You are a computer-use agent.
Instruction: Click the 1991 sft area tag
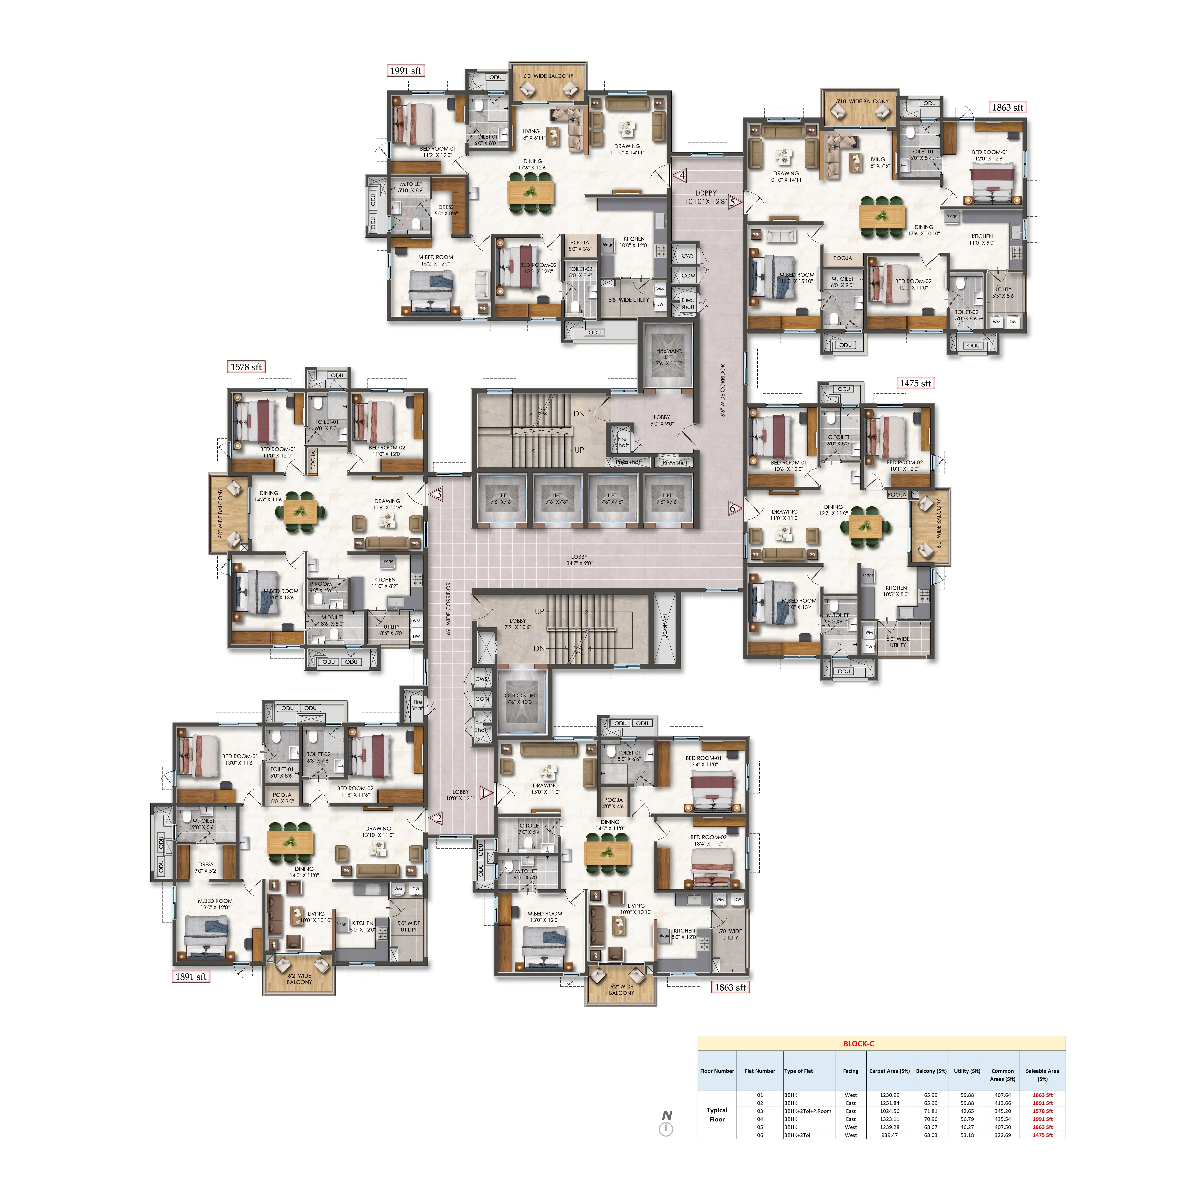pos(406,71)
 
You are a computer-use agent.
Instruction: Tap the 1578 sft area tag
pos(246,367)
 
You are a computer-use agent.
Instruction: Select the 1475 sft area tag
pos(915,383)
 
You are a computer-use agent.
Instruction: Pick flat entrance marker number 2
pos(438,818)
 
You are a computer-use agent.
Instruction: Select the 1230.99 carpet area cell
pos(889,1095)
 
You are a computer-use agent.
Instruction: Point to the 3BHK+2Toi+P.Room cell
pos(808,1111)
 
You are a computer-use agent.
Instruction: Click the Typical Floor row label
pos(717,1114)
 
